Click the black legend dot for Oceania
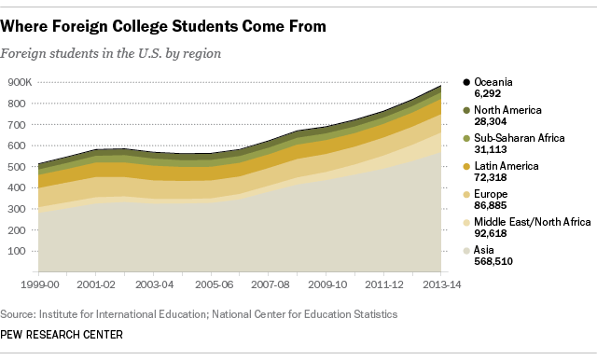(x=465, y=82)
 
